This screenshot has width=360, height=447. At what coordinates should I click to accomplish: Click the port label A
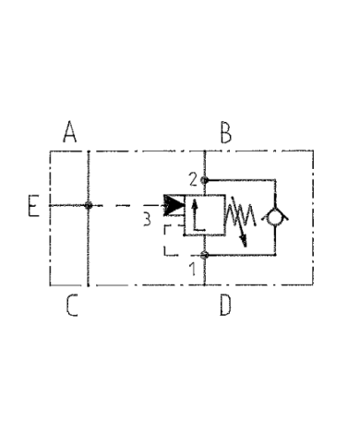[x=69, y=134]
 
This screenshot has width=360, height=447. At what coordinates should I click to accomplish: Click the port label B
[x=224, y=134]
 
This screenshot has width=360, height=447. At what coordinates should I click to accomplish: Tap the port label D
[x=224, y=305]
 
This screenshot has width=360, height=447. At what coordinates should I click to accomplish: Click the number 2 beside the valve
[x=191, y=178]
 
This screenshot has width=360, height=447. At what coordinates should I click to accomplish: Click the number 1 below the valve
[x=191, y=270]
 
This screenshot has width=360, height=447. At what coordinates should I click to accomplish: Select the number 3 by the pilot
[x=146, y=219]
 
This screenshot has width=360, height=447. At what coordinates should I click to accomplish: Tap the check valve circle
[x=274, y=216]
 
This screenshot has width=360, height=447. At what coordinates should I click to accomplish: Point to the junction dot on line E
[x=88, y=205]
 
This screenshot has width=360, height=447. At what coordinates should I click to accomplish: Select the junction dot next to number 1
[x=205, y=255]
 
